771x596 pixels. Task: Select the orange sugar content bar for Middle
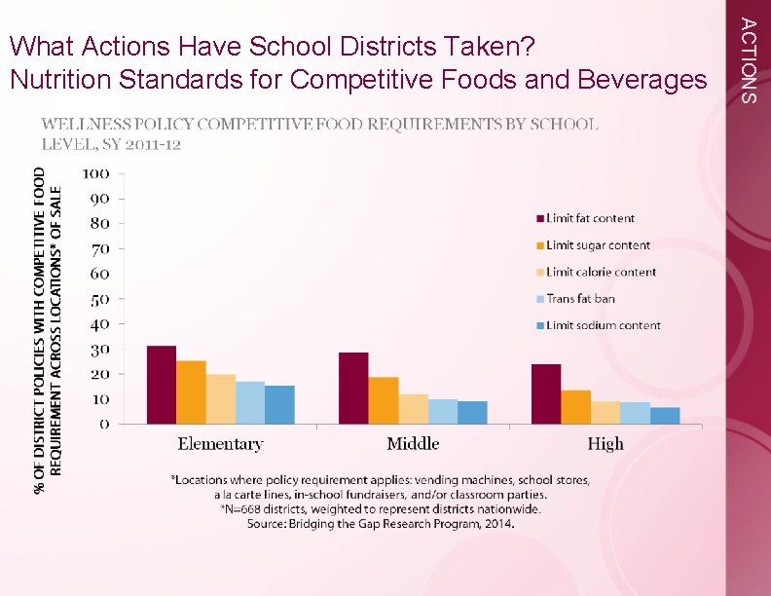tap(384, 400)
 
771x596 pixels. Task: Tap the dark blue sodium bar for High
tap(665, 416)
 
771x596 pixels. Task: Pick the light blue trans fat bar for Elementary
tap(250, 402)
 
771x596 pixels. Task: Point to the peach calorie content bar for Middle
tap(413, 409)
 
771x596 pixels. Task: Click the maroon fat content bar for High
tap(546, 393)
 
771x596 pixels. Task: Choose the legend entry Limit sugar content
tap(598, 245)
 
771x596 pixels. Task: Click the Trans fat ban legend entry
tap(580, 299)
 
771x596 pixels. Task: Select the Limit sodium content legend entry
tap(603, 325)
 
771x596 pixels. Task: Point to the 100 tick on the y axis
tap(95, 174)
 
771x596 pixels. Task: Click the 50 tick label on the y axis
tap(99, 299)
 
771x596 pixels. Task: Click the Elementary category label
tap(220, 444)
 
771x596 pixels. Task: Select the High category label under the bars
tap(606, 444)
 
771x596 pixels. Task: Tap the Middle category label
tap(413, 444)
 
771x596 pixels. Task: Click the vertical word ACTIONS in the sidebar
tap(747, 58)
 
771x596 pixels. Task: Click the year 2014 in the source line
tap(497, 524)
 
